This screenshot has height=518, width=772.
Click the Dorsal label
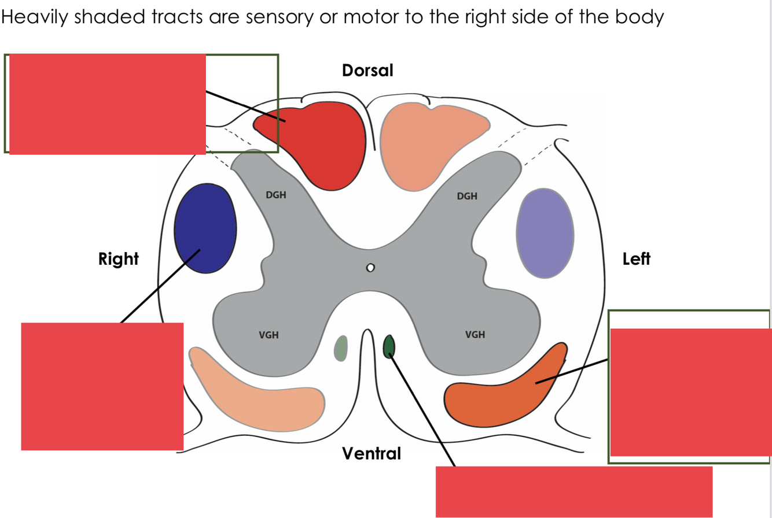click(x=367, y=71)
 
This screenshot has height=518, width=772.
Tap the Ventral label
click(x=371, y=454)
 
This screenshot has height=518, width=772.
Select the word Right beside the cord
click(x=119, y=259)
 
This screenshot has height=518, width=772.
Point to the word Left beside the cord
click(x=637, y=259)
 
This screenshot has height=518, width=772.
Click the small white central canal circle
click(x=370, y=268)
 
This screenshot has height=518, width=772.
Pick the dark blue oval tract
click(x=205, y=229)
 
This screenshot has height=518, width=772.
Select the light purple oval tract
click(x=545, y=232)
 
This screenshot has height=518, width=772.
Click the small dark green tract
click(x=389, y=346)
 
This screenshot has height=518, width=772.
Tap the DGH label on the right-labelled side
click(x=275, y=195)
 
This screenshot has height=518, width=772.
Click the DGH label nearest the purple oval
click(x=467, y=196)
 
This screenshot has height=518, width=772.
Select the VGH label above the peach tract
click(x=269, y=334)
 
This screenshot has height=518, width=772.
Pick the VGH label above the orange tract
click(x=475, y=334)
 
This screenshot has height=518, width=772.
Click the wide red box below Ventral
click(x=574, y=491)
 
